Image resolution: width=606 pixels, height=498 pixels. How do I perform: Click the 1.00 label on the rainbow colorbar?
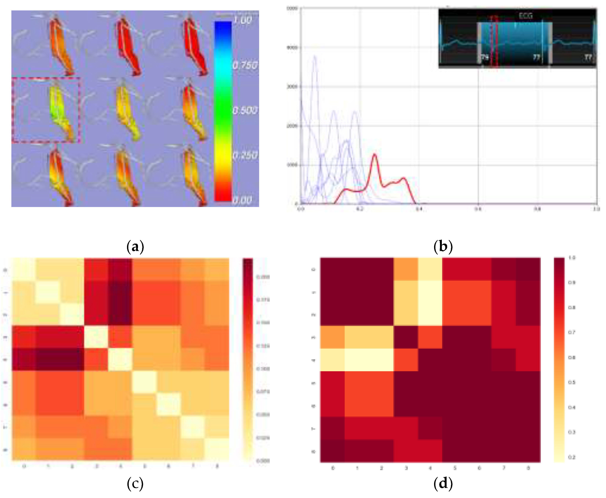coord(242,20)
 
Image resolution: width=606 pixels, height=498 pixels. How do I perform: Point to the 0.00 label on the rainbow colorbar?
coord(242,200)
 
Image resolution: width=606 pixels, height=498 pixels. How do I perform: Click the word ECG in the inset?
coord(525,16)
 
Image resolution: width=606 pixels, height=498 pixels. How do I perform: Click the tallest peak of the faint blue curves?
coord(315,56)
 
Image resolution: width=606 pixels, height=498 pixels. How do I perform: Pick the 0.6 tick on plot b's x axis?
coord(478,209)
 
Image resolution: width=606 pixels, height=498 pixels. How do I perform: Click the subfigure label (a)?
coord(135,246)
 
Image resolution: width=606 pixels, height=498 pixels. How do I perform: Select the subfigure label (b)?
coord(443,246)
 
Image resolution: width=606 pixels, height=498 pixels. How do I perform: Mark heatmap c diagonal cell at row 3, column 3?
coord(96,337)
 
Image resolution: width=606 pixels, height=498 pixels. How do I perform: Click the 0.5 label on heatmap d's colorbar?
coord(572,382)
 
